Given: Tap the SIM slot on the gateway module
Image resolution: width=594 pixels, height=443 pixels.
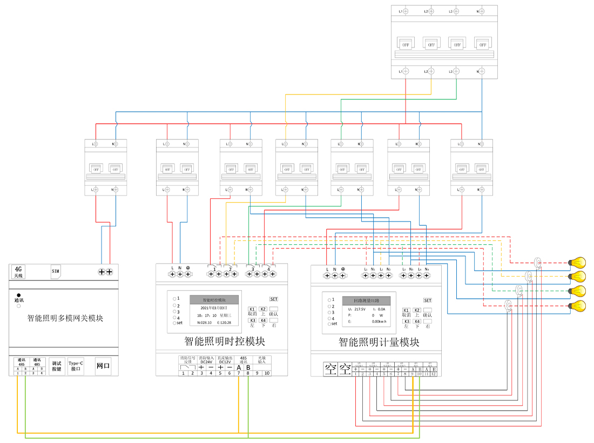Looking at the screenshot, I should click(56, 271).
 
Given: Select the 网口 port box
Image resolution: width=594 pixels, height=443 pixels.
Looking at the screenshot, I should click(103, 366).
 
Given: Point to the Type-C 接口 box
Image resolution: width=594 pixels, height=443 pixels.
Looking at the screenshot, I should click(76, 366).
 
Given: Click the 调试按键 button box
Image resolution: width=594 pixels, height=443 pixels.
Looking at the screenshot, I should click(56, 366).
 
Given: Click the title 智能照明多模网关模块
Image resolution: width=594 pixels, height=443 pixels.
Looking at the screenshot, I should click(65, 318).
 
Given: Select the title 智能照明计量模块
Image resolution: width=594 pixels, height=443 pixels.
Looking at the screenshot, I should click(379, 341).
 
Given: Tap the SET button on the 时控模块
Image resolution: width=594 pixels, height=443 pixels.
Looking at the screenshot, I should click(274, 299).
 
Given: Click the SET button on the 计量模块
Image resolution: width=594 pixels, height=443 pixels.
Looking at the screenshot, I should click(428, 300).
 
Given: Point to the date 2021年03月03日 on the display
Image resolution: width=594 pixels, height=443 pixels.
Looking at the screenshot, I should click(214, 307).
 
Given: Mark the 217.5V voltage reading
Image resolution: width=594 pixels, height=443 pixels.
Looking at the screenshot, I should click(360, 308).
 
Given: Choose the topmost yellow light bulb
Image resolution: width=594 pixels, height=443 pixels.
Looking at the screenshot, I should click(579, 263).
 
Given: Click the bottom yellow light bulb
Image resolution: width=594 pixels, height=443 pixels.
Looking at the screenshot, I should click(579, 306).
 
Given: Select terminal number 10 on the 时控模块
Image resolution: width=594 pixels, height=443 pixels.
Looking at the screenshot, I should click(266, 373).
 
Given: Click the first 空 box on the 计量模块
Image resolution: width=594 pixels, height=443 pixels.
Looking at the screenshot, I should click(330, 369).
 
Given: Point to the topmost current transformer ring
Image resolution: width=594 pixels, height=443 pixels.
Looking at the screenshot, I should click(538, 263).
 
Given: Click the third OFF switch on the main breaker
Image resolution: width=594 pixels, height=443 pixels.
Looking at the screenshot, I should click(456, 44).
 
